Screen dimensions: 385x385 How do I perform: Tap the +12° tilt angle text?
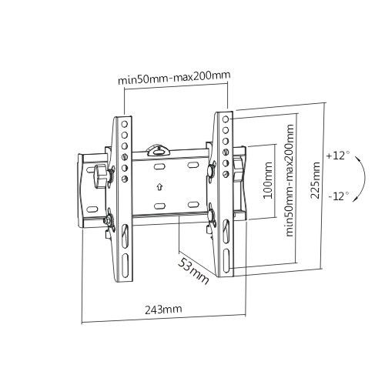[337, 156]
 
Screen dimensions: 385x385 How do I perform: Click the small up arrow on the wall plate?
[159, 186]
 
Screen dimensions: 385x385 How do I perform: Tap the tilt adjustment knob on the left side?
[101, 174]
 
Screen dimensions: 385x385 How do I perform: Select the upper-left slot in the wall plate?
[159, 166]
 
